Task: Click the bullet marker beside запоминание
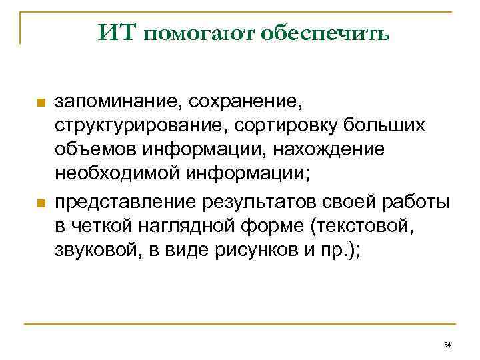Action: [40, 104]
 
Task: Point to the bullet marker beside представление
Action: [40, 203]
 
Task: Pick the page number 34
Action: [447, 344]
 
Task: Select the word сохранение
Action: [245, 103]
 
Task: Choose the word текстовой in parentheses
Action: [361, 227]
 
